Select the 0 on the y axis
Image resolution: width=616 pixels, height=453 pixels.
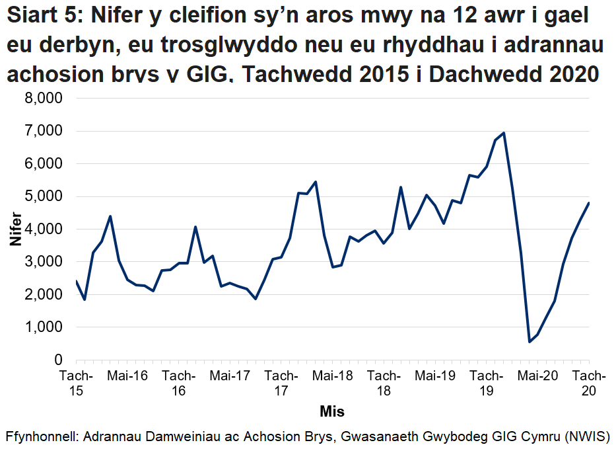(58, 360)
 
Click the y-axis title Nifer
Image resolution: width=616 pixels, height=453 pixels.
(15, 229)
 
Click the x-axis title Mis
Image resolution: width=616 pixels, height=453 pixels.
(332, 412)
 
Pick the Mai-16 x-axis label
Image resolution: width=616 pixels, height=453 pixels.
(127, 376)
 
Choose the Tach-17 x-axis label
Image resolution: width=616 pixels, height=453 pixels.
(281, 384)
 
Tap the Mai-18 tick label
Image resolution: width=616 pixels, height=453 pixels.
(333, 376)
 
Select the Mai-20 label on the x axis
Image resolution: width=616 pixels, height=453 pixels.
(537, 376)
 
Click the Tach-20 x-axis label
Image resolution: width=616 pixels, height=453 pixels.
(588, 384)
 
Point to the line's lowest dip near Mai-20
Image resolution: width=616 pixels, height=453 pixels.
(530, 342)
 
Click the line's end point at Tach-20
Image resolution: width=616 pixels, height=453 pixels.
(588, 203)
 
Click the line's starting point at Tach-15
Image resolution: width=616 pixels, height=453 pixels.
(77, 281)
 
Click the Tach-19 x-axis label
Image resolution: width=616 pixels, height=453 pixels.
(486, 384)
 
